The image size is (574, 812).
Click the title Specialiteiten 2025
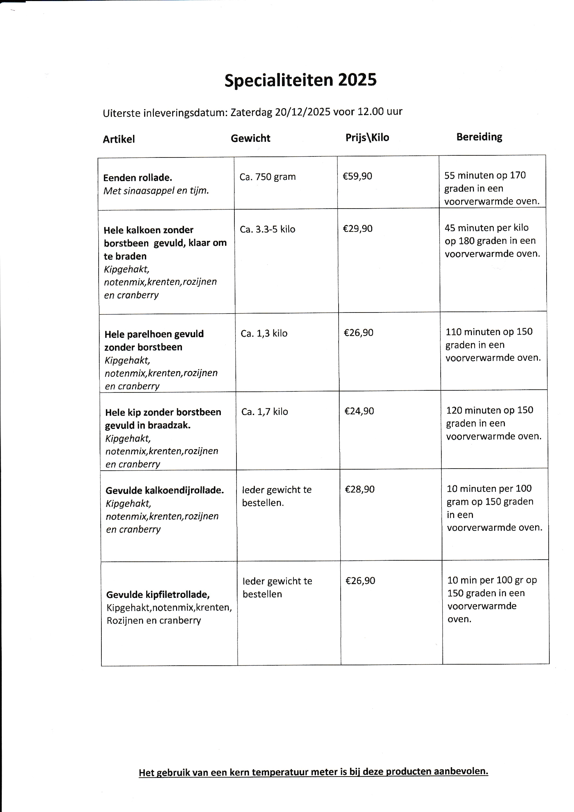click(300, 80)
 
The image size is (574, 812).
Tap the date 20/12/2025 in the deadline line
click(302, 112)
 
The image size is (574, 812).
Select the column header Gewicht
click(250, 138)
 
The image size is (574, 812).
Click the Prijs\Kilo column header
click(367, 137)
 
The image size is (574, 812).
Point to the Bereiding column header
click(479, 137)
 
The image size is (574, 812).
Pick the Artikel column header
click(119, 139)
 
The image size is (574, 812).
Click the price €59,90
click(357, 176)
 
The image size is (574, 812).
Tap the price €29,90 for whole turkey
click(358, 229)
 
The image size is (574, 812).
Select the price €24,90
click(359, 411)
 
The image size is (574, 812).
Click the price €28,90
click(359, 489)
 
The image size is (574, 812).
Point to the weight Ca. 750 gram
click(268, 177)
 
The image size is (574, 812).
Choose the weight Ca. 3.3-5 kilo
click(268, 229)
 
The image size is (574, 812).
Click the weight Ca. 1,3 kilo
click(264, 333)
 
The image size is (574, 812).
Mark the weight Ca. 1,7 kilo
click(265, 412)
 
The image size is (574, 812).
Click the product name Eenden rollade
click(138, 178)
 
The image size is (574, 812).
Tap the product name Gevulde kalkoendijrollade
click(165, 490)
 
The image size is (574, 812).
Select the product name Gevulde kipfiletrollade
click(158, 595)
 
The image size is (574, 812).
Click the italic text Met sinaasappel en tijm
click(156, 191)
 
